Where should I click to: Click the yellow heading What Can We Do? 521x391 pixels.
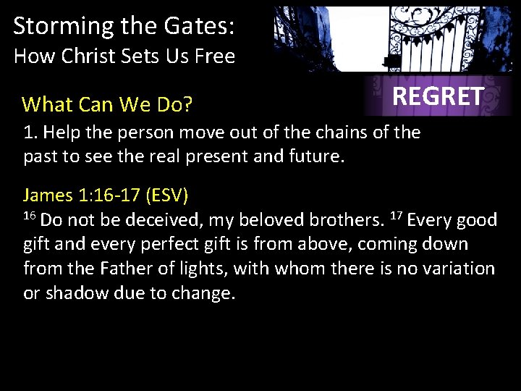[x=107, y=105]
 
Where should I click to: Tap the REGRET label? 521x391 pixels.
[x=437, y=96]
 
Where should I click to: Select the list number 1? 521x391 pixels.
[x=28, y=133]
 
